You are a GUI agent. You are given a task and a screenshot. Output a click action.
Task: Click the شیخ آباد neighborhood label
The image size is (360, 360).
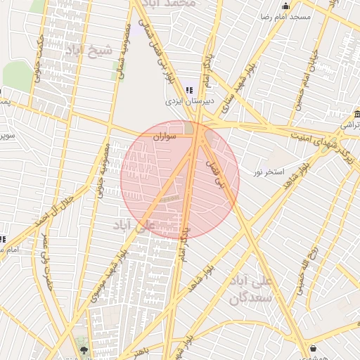[89, 50]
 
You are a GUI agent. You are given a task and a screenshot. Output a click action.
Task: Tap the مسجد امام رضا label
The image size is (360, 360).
[284, 16]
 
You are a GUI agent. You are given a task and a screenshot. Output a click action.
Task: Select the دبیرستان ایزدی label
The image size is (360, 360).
[185, 101]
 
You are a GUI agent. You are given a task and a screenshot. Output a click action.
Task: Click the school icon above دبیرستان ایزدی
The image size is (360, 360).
[188, 89]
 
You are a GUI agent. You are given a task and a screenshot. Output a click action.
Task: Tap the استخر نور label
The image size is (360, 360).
[270, 172]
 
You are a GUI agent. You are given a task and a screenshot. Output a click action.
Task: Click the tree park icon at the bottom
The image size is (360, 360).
[84, 349]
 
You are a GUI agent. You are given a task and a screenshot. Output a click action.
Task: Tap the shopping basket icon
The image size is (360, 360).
[313, 348]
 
